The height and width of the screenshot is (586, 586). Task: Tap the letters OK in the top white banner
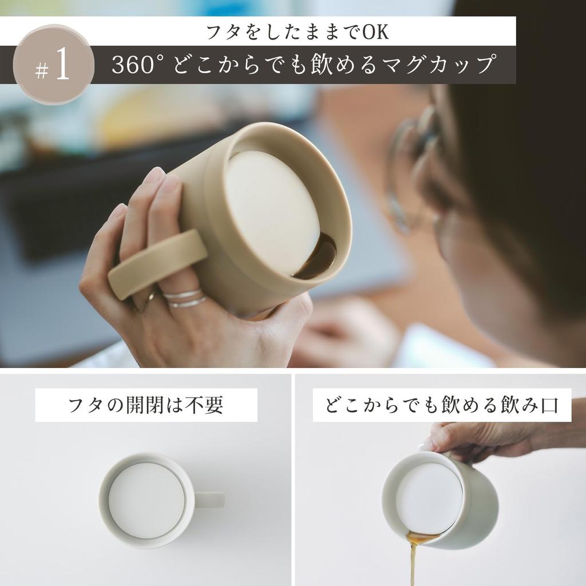point(376,32)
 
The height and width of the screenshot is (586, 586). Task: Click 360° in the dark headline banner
point(138,65)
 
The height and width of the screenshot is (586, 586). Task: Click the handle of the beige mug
point(158,264)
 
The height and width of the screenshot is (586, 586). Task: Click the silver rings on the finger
point(184,298)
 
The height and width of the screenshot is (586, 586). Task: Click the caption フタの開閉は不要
point(145,405)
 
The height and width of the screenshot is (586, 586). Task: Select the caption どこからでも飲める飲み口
point(441,405)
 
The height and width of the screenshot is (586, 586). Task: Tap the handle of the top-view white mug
point(209,500)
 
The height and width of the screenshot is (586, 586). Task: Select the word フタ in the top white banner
point(218,32)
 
